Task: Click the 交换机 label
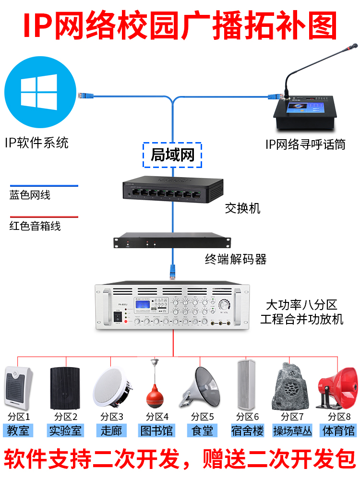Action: click(242, 208)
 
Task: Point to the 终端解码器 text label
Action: click(236, 259)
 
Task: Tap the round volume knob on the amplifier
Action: click(224, 305)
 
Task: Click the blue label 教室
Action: click(18, 430)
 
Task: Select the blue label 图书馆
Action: click(155, 430)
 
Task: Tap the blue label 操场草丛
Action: click(292, 430)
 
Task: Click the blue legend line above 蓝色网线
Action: click(43, 186)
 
